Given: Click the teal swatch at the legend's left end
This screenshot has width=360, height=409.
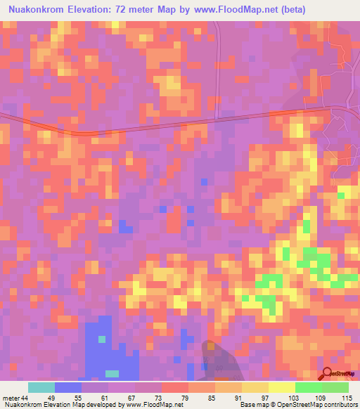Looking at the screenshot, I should [x=41, y=387].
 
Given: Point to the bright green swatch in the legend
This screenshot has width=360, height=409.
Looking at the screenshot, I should [x=308, y=387].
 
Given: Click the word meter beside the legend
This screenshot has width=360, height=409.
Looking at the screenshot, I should [x=9, y=397].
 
